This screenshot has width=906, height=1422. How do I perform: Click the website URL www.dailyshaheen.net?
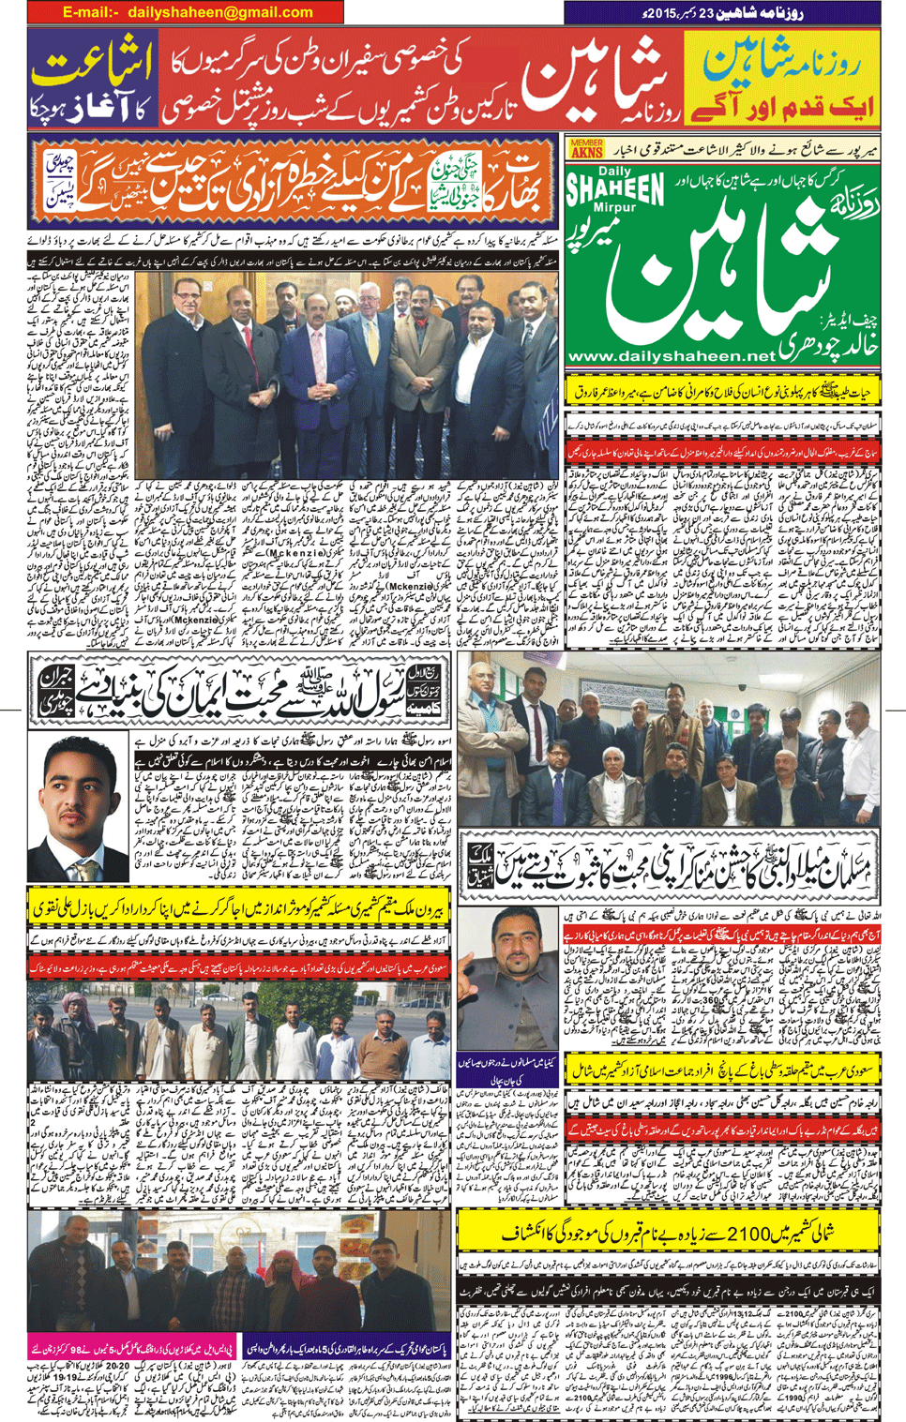pyautogui.click(x=672, y=356)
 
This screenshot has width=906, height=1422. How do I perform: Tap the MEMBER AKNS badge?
pyautogui.click(x=586, y=148)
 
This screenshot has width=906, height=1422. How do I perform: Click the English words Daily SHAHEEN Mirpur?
pyautogui.click(x=614, y=191)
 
